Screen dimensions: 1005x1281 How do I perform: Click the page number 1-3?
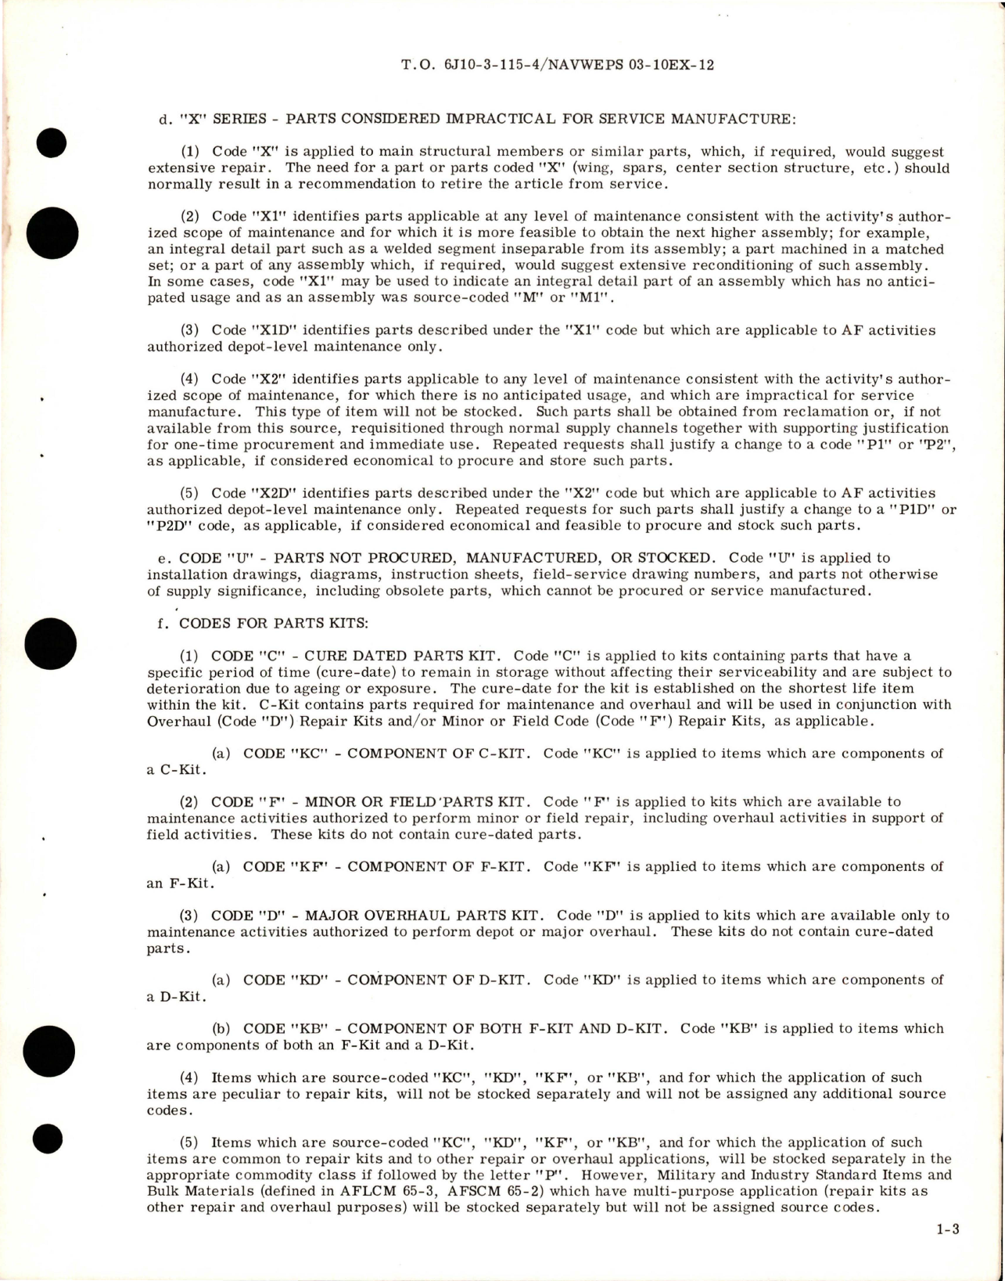[x=947, y=1230]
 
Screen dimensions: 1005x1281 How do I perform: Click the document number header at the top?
[x=557, y=65]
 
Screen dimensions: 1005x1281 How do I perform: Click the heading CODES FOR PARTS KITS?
[x=274, y=624]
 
